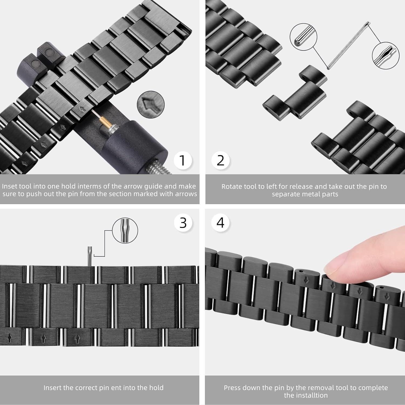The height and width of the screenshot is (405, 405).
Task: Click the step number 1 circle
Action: [183, 160]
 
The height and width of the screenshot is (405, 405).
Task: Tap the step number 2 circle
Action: [221, 160]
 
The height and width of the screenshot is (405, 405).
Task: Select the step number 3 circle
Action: [183, 223]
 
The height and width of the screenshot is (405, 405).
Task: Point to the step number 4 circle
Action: [221, 223]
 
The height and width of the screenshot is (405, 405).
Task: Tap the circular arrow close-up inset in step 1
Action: [151, 104]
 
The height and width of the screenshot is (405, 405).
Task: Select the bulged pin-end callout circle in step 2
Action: [385, 56]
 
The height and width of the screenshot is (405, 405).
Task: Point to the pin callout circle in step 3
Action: [125, 231]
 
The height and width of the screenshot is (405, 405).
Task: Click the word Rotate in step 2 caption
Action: [231, 187]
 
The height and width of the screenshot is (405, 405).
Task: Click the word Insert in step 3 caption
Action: [52, 388]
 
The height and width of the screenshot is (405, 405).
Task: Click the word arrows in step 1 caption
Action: [186, 194]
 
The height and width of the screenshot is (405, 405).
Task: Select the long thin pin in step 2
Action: [348, 45]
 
